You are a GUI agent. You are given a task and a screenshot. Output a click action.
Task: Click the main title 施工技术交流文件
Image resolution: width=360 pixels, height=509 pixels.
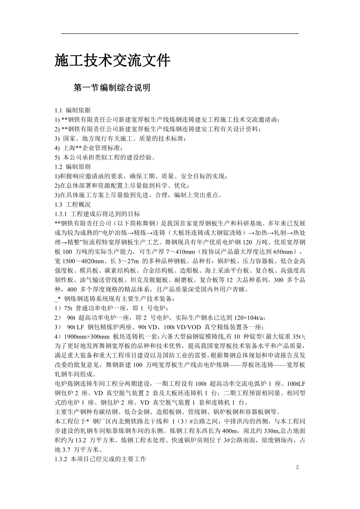click(x=113, y=61)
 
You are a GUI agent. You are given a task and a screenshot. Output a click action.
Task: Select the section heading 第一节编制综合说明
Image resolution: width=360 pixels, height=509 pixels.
click(x=112, y=88)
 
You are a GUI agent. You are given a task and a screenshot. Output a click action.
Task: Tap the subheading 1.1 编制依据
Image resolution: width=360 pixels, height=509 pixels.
click(x=73, y=110)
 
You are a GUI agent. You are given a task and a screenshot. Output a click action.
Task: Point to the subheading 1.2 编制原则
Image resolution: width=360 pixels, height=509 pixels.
click(x=73, y=167)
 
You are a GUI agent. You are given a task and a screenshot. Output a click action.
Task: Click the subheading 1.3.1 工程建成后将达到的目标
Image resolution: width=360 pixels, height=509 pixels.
click(x=97, y=214)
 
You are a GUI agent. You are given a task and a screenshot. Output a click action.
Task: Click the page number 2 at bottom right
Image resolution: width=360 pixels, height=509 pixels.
click(x=297, y=467)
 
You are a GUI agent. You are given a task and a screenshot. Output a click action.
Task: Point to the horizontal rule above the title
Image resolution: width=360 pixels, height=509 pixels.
click(x=180, y=34)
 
